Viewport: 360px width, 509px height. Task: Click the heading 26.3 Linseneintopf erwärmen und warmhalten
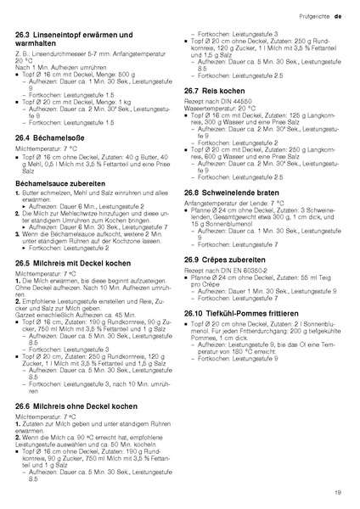pos(82,39)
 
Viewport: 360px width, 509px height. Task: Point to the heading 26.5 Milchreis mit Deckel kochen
pos(81,264)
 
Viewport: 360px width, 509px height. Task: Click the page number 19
pos(338,491)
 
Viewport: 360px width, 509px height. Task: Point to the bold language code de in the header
pos(338,16)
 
